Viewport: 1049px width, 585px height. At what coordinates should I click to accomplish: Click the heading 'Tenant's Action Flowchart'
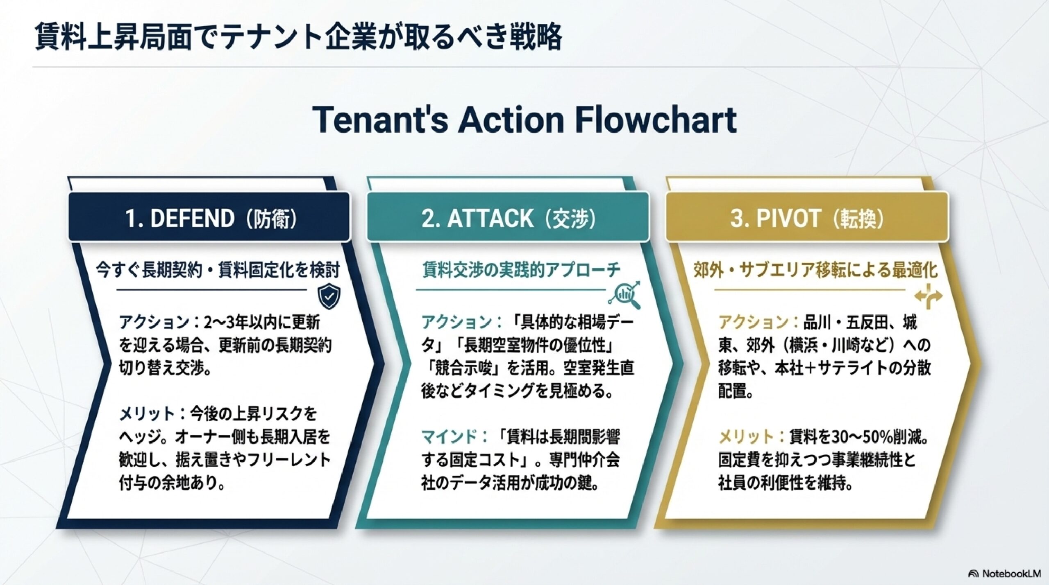point(524,120)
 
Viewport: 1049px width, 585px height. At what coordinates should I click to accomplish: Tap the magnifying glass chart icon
point(625,294)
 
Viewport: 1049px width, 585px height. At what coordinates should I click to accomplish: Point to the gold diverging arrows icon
point(929,296)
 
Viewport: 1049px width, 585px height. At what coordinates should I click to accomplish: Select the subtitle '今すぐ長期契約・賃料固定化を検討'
point(218,271)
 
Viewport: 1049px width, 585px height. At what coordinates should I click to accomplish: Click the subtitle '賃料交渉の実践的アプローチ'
point(521,270)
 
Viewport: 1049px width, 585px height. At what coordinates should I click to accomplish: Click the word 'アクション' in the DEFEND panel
point(154,323)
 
